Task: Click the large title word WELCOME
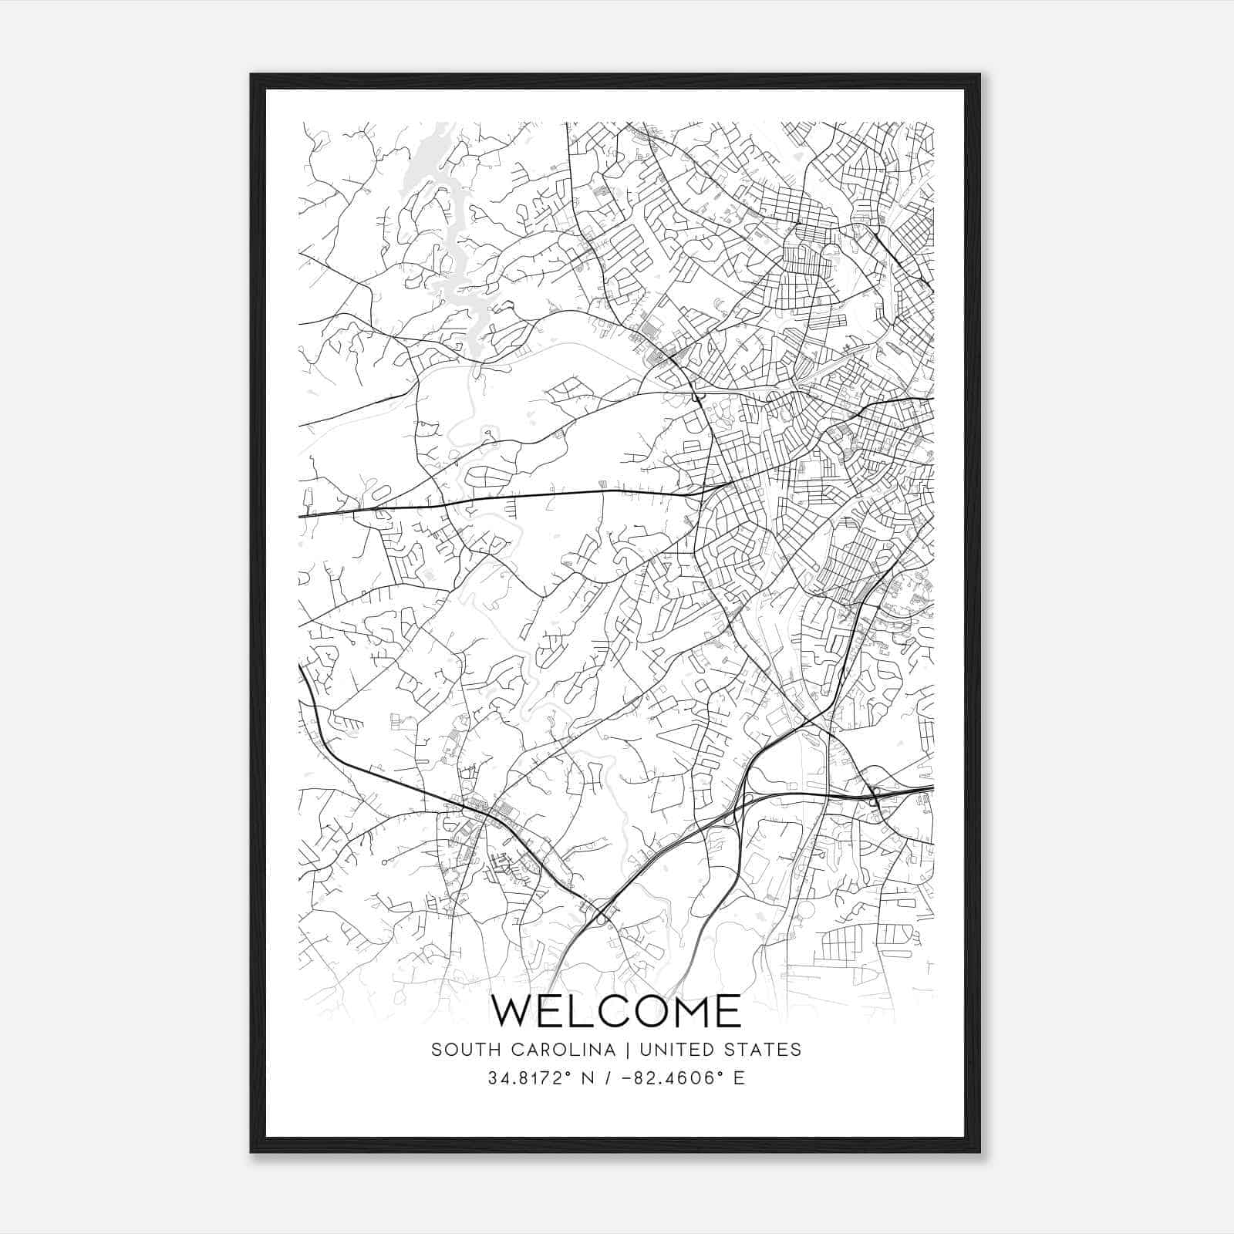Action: click(615, 1011)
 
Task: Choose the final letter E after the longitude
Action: click(740, 1078)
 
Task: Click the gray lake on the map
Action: click(456, 262)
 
